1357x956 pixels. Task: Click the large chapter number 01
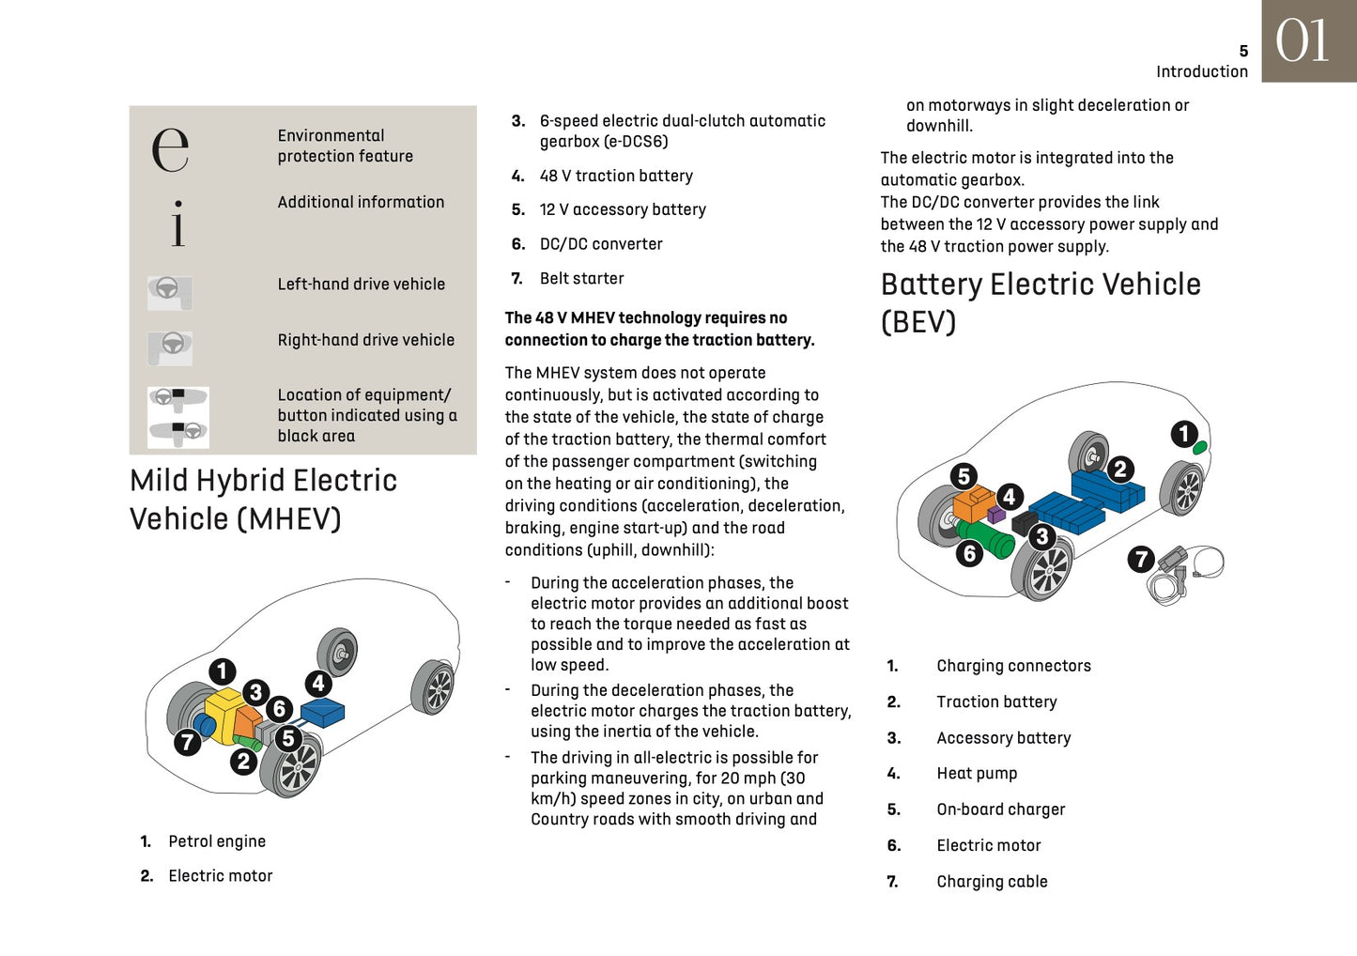(x=1303, y=41)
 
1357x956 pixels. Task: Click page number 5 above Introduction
(x=1243, y=52)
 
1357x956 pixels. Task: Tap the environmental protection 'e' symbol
(x=170, y=148)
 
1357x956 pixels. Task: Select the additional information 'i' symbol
(x=177, y=224)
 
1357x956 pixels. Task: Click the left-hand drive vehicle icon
(x=169, y=291)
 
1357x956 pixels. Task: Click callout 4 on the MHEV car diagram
(x=318, y=684)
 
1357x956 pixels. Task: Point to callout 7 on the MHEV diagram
(x=188, y=742)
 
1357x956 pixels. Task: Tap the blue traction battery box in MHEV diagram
(x=322, y=711)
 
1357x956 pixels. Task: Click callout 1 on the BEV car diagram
(x=1184, y=434)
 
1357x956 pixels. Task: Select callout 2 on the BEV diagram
(x=1119, y=470)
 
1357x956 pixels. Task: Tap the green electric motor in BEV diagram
(x=986, y=539)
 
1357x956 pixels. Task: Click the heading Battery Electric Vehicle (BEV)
(x=1041, y=302)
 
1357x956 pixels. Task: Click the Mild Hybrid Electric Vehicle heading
(x=263, y=499)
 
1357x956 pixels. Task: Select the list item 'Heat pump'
(x=977, y=774)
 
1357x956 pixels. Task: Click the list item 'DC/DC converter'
(x=601, y=244)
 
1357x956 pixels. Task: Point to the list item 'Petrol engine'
(x=217, y=841)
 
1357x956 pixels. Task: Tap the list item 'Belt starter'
(x=581, y=279)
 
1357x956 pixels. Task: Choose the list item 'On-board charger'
(x=1001, y=810)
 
